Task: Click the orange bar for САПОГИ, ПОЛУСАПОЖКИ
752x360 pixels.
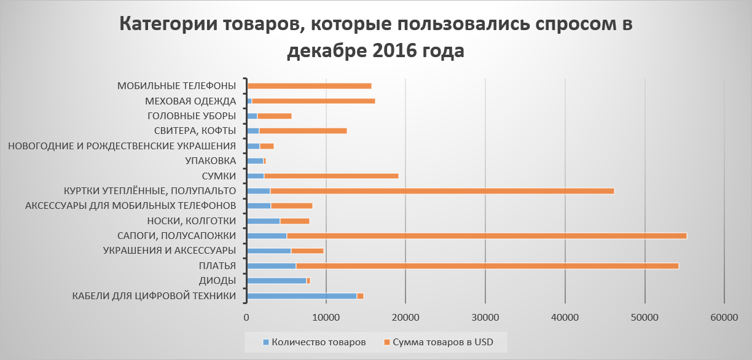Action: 485,236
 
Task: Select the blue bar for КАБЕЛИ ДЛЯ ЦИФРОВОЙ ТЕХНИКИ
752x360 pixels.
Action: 301,296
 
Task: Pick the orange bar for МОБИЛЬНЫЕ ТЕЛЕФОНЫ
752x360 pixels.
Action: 309,86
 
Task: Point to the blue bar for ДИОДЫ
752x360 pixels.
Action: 276,281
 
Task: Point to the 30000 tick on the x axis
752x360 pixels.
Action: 485,318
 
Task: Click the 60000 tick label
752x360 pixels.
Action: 724,318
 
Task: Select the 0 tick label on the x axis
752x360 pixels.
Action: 246,318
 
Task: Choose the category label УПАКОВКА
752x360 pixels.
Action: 210,161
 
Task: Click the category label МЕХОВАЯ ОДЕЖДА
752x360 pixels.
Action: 190,101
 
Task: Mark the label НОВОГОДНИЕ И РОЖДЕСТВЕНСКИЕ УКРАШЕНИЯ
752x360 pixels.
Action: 122,146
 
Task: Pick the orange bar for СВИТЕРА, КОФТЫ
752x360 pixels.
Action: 302,131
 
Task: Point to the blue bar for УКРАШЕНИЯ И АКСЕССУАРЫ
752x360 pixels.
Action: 268,251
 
